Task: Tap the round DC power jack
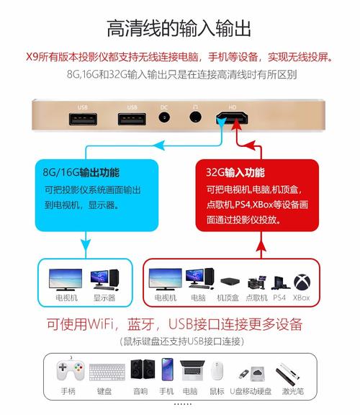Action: pos(163,119)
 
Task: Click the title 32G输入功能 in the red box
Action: pos(236,174)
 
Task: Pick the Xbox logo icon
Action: pos(301,280)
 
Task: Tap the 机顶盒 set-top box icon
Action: pos(229,281)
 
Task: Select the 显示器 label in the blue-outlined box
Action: pos(104,298)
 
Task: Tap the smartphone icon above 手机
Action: pos(167,370)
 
